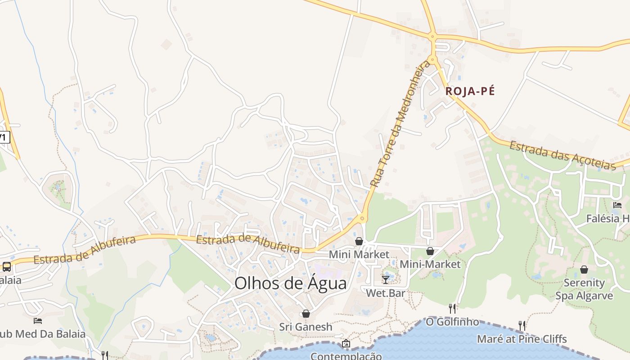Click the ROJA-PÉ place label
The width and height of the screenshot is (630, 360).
pyautogui.click(x=470, y=91)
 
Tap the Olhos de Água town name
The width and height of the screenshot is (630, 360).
pyautogui.click(x=291, y=283)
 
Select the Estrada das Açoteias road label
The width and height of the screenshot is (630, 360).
pyautogui.click(x=562, y=156)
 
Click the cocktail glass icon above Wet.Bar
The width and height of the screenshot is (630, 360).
pyautogui.click(x=386, y=279)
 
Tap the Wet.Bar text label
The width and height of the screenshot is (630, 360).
pyautogui.click(x=386, y=293)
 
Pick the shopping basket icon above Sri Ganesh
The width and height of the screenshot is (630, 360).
pyautogui.click(x=306, y=314)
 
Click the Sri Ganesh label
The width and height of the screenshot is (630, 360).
pyautogui.click(x=306, y=327)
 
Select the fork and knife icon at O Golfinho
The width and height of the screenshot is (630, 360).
pyautogui.click(x=452, y=308)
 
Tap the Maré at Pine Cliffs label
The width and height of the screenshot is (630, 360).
pyautogui.click(x=522, y=339)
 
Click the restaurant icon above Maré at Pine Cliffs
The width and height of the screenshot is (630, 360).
pyautogui.click(x=522, y=325)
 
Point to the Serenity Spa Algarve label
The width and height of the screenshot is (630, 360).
pyautogui.click(x=584, y=289)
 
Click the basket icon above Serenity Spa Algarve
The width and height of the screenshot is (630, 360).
pyautogui.click(x=584, y=270)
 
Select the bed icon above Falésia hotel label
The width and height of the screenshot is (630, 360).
pyautogui.click(x=617, y=205)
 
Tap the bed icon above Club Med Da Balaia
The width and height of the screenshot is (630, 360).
pyautogui.click(x=38, y=321)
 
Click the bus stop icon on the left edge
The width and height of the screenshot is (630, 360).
pyautogui.click(x=7, y=266)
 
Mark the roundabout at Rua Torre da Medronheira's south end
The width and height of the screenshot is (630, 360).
pyautogui.click(x=362, y=219)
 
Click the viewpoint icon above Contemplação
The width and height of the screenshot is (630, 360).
pyautogui.click(x=346, y=344)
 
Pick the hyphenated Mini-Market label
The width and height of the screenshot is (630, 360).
pyautogui.click(x=430, y=264)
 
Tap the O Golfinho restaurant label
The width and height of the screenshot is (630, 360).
pyautogui.click(x=452, y=322)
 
